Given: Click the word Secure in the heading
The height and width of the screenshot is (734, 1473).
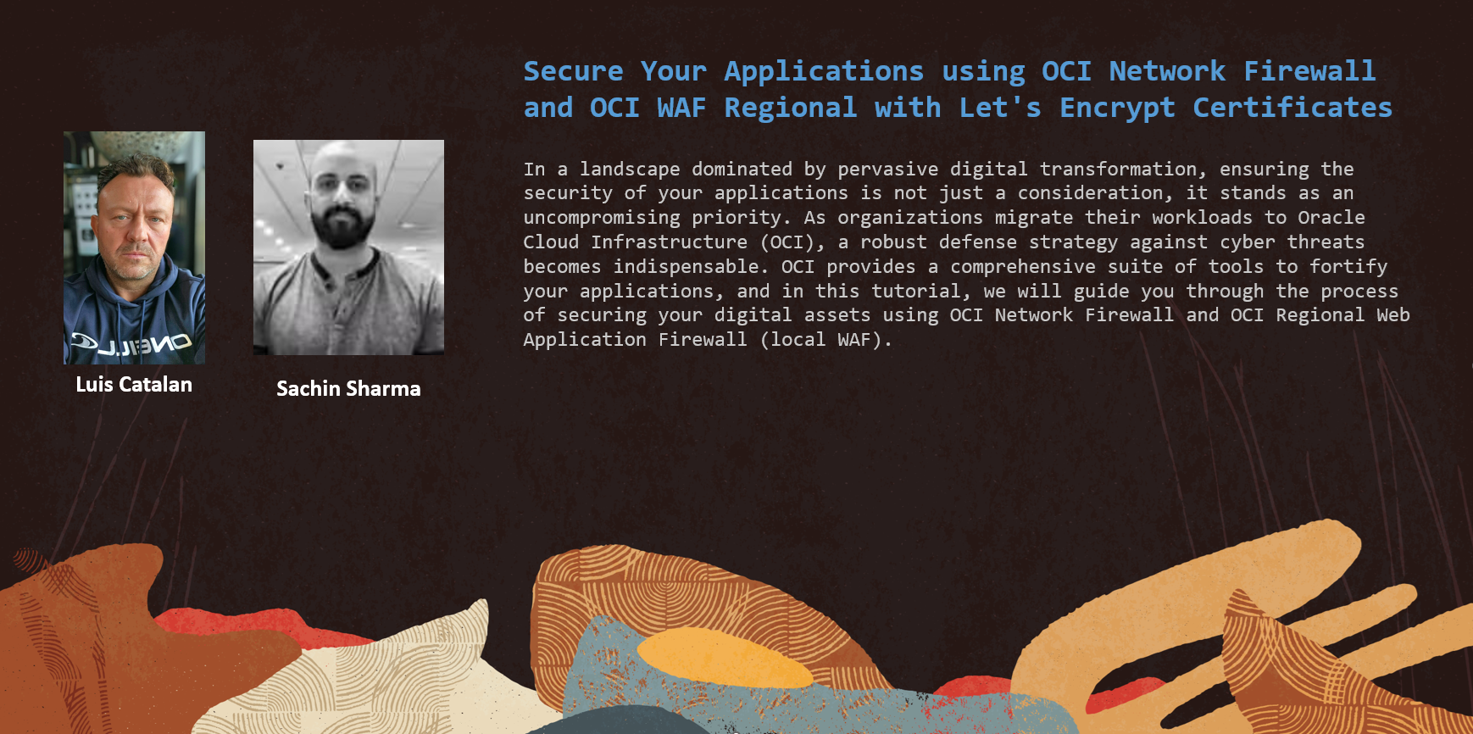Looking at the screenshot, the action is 573,71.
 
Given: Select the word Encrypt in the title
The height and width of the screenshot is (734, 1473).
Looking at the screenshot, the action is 1117,108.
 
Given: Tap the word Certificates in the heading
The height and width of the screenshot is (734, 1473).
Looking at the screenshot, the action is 1292,108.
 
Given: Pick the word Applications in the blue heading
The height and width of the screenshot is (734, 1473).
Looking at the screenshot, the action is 824,72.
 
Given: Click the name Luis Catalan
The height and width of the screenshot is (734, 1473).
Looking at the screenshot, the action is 134,385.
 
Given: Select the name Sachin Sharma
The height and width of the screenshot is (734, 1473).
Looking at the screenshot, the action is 348,389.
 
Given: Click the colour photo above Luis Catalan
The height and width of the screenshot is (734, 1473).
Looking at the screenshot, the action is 134,247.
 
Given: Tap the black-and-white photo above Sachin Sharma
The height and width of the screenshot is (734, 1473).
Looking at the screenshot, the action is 348,247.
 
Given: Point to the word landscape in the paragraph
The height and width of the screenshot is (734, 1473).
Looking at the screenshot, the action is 630,170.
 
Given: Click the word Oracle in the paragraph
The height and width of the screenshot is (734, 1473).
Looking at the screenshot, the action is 1331,218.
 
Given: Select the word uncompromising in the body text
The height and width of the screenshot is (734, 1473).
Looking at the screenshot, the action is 602,219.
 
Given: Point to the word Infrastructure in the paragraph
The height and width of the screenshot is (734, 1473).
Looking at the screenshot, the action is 670,242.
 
